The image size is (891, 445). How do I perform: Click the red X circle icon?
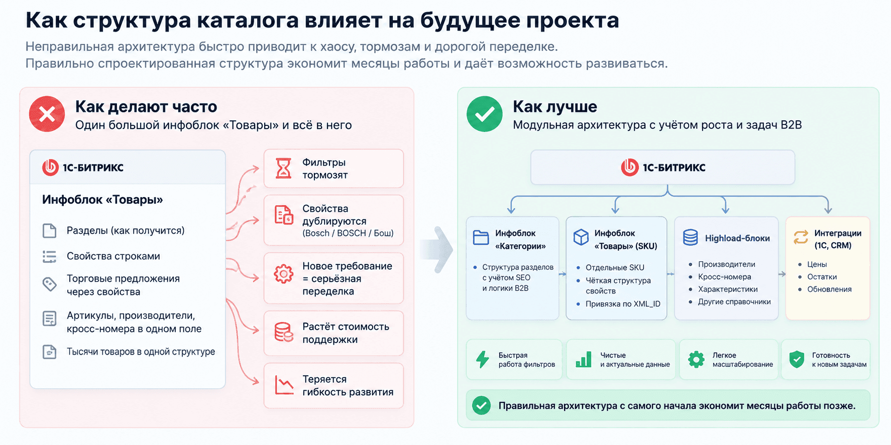(x=47, y=114)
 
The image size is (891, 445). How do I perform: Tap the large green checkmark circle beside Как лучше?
(x=484, y=114)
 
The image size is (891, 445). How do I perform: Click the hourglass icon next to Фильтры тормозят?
(x=284, y=169)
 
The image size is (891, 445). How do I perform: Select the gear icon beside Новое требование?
(x=284, y=274)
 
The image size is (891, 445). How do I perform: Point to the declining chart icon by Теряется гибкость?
(x=284, y=385)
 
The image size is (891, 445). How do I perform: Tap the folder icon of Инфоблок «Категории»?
(x=481, y=237)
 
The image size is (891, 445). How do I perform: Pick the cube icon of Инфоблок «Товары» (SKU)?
(x=581, y=237)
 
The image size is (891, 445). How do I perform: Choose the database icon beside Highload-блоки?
(x=691, y=237)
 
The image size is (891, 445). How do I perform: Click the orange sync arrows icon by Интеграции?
(x=801, y=237)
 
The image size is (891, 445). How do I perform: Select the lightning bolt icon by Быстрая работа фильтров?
(x=483, y=359)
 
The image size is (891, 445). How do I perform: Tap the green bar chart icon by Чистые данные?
(x=584, y=359)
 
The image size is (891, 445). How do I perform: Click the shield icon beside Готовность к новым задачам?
(x=797, y=359)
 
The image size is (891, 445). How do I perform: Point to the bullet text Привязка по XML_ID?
(x=623, y=304)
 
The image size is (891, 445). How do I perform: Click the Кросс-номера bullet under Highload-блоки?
(x=724, y=277)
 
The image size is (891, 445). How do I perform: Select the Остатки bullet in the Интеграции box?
(x=822, y=277)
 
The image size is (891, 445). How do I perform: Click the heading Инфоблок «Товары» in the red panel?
(x=102, y=200)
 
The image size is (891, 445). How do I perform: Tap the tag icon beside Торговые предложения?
(x=49, y=284)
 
